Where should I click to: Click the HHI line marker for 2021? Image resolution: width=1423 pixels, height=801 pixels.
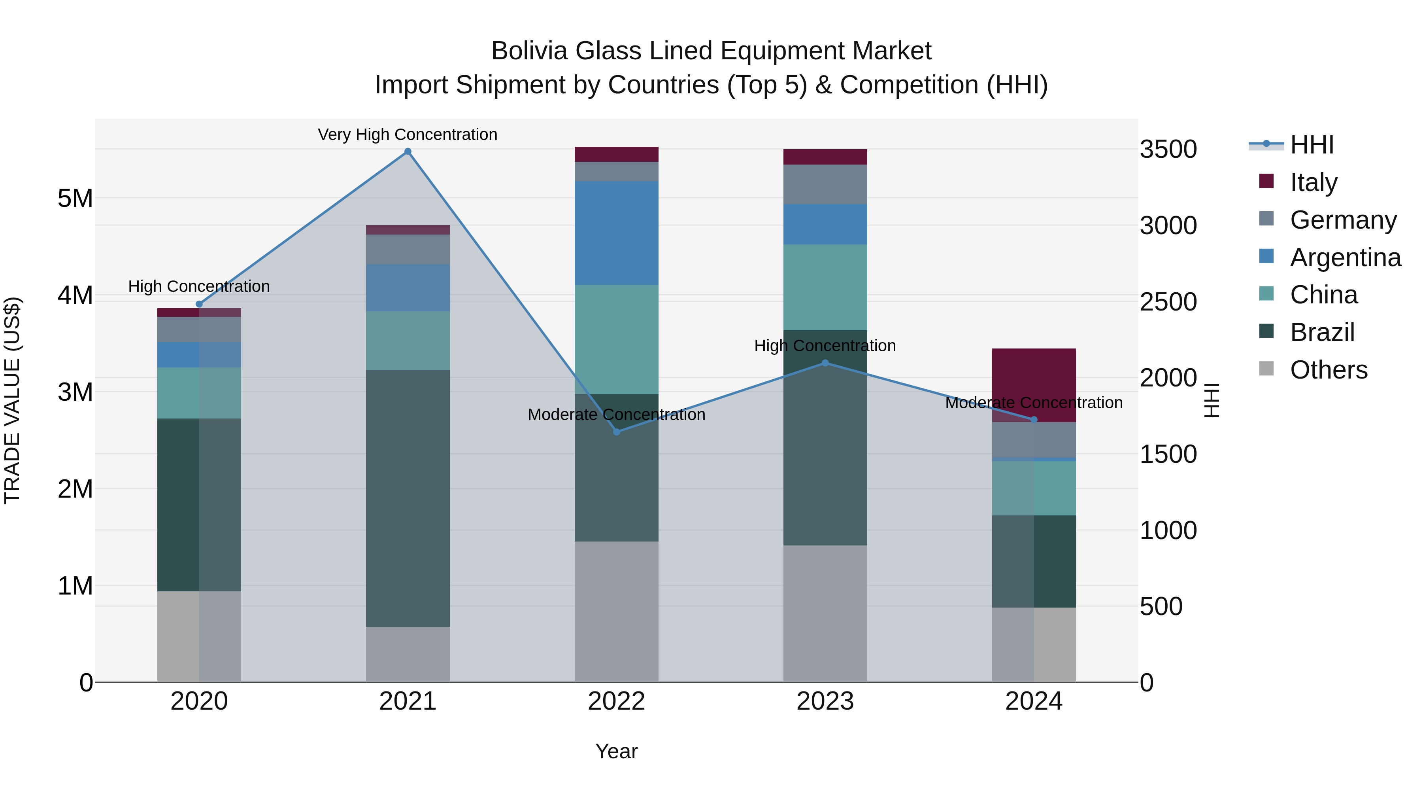pos(408,151)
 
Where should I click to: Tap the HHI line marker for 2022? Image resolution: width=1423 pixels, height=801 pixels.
pos(617,432)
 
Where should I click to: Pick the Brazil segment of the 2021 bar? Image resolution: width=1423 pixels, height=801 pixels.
pos(408,498)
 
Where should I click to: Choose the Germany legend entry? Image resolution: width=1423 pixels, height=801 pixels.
pos(1342,220)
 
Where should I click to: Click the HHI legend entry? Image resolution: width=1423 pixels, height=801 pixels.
pos(1312,145)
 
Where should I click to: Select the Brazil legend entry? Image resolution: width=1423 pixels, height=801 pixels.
pos(1321,332)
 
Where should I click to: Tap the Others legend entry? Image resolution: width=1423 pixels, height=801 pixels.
pos(1328,370)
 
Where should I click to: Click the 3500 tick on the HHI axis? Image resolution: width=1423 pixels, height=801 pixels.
pos(1168,149)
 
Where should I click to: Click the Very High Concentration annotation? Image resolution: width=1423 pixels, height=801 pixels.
pos(408,134)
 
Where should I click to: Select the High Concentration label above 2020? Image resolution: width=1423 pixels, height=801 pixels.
pos(199,286)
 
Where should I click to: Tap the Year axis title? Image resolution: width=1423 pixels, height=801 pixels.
pos(617,751)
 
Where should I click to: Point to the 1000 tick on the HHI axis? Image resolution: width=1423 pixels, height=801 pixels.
pos(1168,530)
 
